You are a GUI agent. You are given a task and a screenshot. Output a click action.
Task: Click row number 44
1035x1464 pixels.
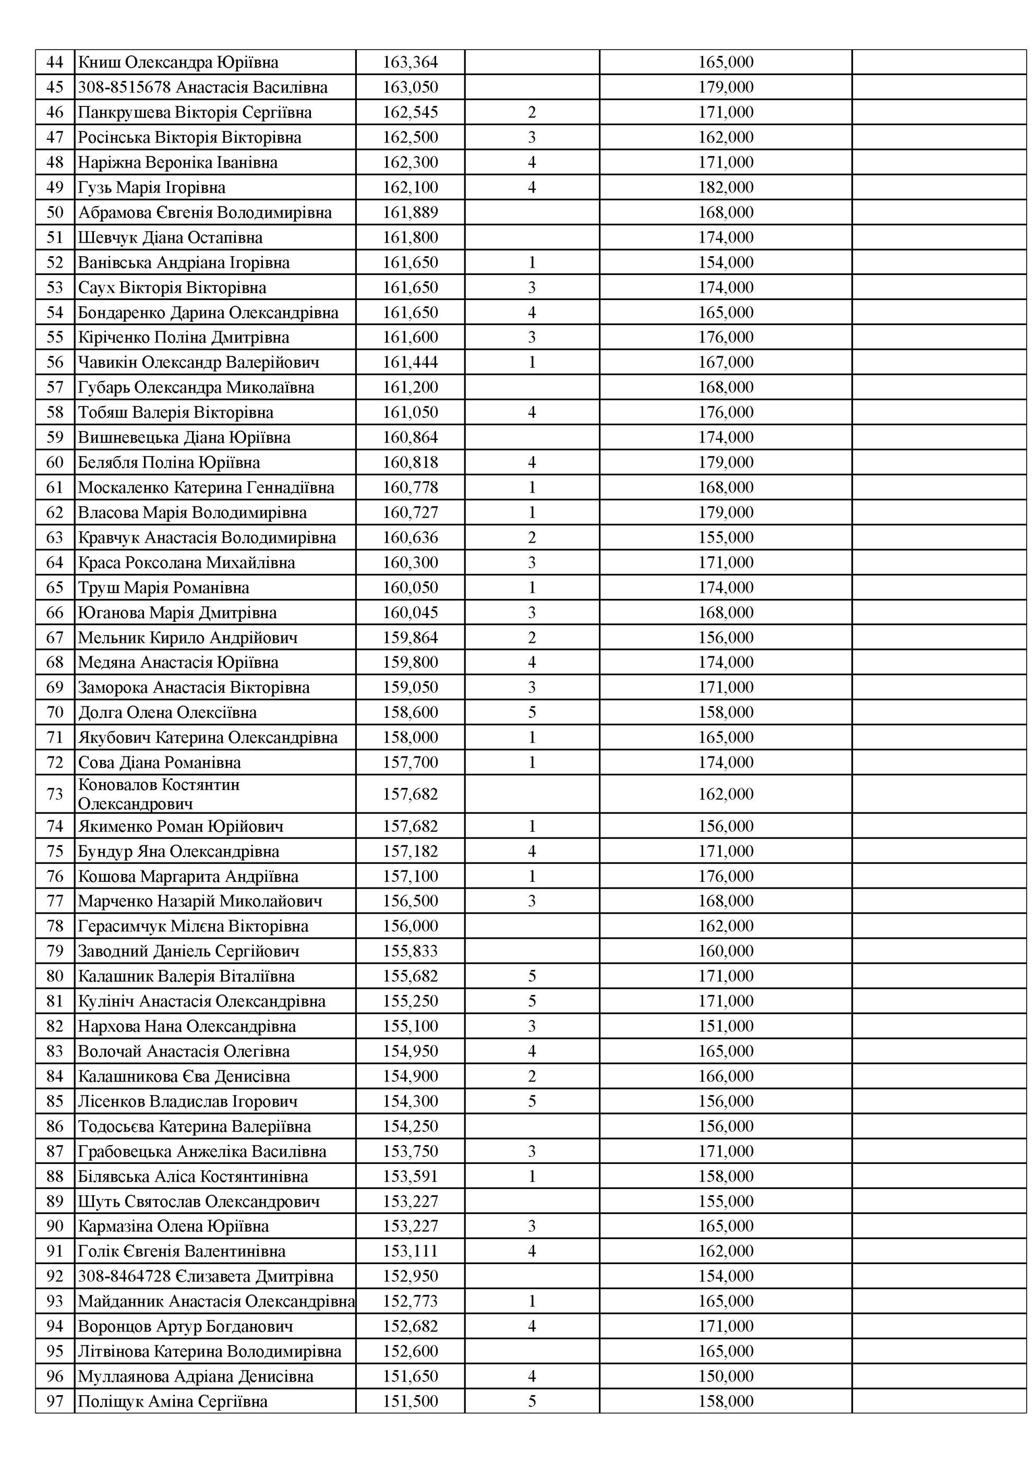click(x=55, y=63)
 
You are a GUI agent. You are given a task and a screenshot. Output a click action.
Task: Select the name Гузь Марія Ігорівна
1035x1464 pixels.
click(x=152, y=187)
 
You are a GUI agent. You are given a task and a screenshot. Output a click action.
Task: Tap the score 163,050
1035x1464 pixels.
click(x=410, y=87)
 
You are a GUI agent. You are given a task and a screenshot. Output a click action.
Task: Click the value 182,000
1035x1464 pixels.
click(x=725, y=187)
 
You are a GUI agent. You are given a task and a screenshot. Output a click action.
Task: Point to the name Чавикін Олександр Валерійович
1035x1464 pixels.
click(x=198, y=363)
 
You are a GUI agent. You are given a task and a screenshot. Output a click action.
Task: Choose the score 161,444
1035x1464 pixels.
click(x=410, y=363)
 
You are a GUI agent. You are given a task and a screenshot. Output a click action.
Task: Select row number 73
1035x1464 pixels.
click(x=55, y=794)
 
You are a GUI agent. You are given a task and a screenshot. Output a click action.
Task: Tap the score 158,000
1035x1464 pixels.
click(x=410, y=737)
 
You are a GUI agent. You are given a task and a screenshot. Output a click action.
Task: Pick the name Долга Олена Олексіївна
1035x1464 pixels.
click(x=167, y=712)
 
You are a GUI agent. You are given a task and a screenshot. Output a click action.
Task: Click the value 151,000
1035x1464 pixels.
click(x=725, y=1026)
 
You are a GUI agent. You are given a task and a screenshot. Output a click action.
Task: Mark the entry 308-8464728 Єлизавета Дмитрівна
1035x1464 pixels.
click(x=206, y=1276)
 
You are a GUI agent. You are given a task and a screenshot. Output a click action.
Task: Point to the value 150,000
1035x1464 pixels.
click(x=725, y=1376)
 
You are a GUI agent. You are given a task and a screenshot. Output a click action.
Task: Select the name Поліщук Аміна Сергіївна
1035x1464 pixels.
click(x=172, y=1401)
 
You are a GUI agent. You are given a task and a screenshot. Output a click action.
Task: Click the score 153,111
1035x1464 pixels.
click(x=410, y=1251)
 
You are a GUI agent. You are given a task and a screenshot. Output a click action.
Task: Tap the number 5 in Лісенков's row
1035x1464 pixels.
click(x=532, y=1101)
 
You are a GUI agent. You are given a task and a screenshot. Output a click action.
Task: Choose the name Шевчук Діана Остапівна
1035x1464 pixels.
click(x=170, y=238)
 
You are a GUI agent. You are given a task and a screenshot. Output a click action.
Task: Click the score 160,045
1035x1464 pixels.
click(x=410, y=613)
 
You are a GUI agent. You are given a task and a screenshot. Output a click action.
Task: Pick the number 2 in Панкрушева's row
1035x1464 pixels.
click(x=532, y=113)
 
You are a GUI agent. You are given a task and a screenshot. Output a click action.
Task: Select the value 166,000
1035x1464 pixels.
click(x=725, y=1076)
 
